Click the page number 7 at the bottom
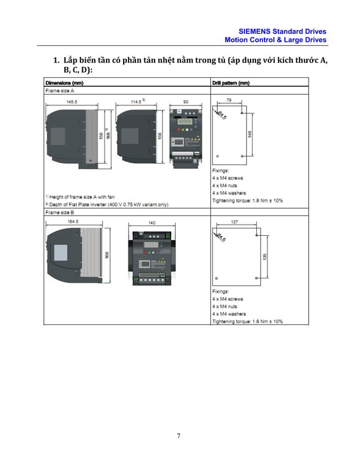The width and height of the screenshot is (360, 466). [x=179, y=436]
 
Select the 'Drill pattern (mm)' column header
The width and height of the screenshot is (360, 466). [x=231, y=83]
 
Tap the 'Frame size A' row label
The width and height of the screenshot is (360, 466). [x=60, y=90]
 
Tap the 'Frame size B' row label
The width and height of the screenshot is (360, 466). [x=60, y=213]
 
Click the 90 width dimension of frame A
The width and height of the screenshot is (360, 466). [x=186, y=102]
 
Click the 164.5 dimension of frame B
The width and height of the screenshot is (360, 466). [x=73, y=222]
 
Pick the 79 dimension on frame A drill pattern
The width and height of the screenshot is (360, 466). [x=229, y=100]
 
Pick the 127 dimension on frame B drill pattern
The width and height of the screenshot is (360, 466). [x=234, y=222]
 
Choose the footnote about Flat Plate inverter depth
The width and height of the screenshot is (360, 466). [x=106, y=204]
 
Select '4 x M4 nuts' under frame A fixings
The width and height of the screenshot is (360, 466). [x=225, y=185]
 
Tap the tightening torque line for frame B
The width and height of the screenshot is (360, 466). [x=247, y=321]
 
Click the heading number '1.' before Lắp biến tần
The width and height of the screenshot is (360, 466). [x=56, y=60]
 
